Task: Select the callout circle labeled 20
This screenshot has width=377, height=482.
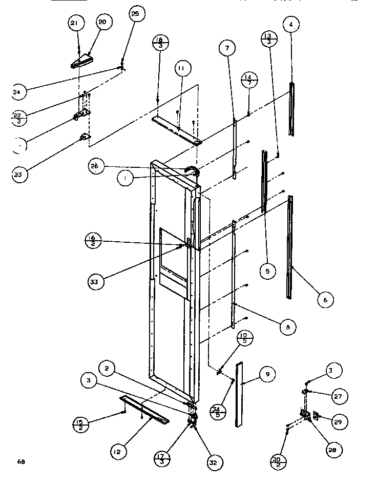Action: [x=102, y=22]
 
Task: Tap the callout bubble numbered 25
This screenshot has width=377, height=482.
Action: [x=135, y=14]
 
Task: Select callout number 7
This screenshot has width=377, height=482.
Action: [x=227, y=49]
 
